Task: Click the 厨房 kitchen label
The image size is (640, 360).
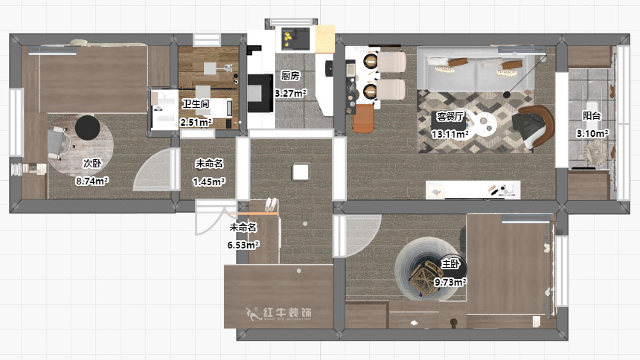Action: [x=290, y=76]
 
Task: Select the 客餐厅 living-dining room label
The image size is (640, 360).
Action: [x=451, y=117]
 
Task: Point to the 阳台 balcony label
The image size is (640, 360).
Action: [x=592, y=116]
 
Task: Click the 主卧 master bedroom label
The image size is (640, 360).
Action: [x=451, y=263]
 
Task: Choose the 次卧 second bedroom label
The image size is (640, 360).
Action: [x=92, y=163]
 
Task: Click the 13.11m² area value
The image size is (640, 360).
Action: [x=451, y=135]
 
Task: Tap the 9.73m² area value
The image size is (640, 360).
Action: [x=450, y=283]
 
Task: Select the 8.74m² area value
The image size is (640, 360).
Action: [x=92, y=181]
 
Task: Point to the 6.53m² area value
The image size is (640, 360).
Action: [x=243, y=245]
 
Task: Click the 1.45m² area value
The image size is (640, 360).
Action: [x=209, y=181]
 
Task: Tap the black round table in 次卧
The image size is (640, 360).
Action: [x=88, y=127]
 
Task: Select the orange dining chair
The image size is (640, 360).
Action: [x=364, y=118]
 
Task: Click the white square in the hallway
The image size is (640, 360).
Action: [x=301, y=173]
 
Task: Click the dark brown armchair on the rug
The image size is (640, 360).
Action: [x=534, y=125]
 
